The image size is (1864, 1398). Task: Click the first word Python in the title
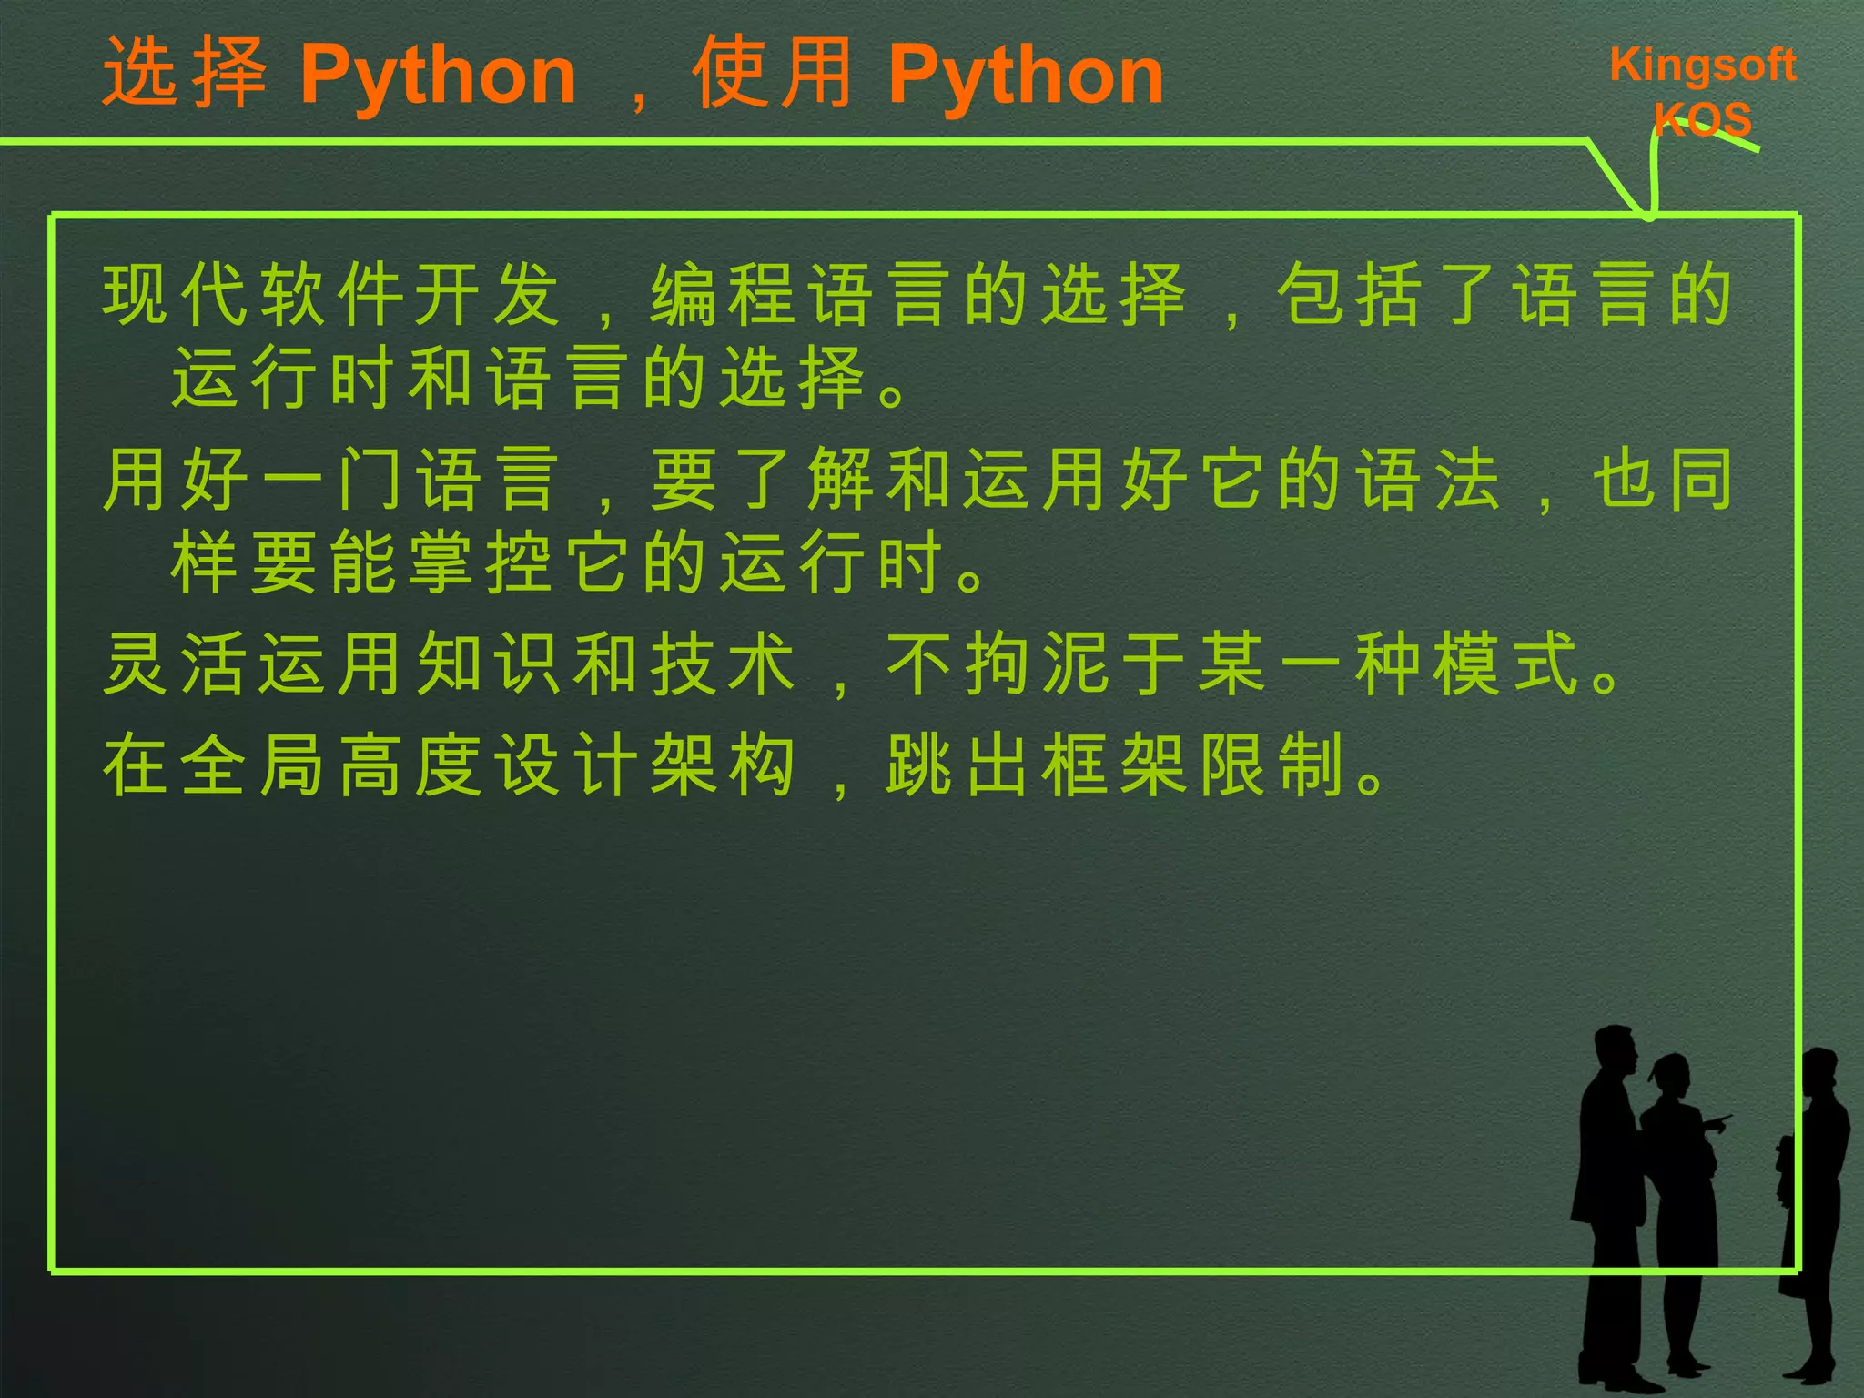click(x=438, y=76)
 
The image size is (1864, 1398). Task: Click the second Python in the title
click(x=1026, y=76)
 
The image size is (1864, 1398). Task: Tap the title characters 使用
click(x=772, y=73)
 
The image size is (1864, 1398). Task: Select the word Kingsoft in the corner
click(x=1702, y=66)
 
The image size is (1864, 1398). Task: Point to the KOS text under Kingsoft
click(x=1702, y=119)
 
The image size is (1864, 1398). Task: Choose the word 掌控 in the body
click(x=480, y=562)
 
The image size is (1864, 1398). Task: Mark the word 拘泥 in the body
click(x=1037, y=664)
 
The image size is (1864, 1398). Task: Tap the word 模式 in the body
click(x=1506, y=664)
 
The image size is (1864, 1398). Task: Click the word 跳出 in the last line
click(x=959, y=765)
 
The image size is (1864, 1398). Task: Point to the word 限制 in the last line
click(x=1272, y=765)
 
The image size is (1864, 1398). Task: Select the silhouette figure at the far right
click(x=1815, y=1211)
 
